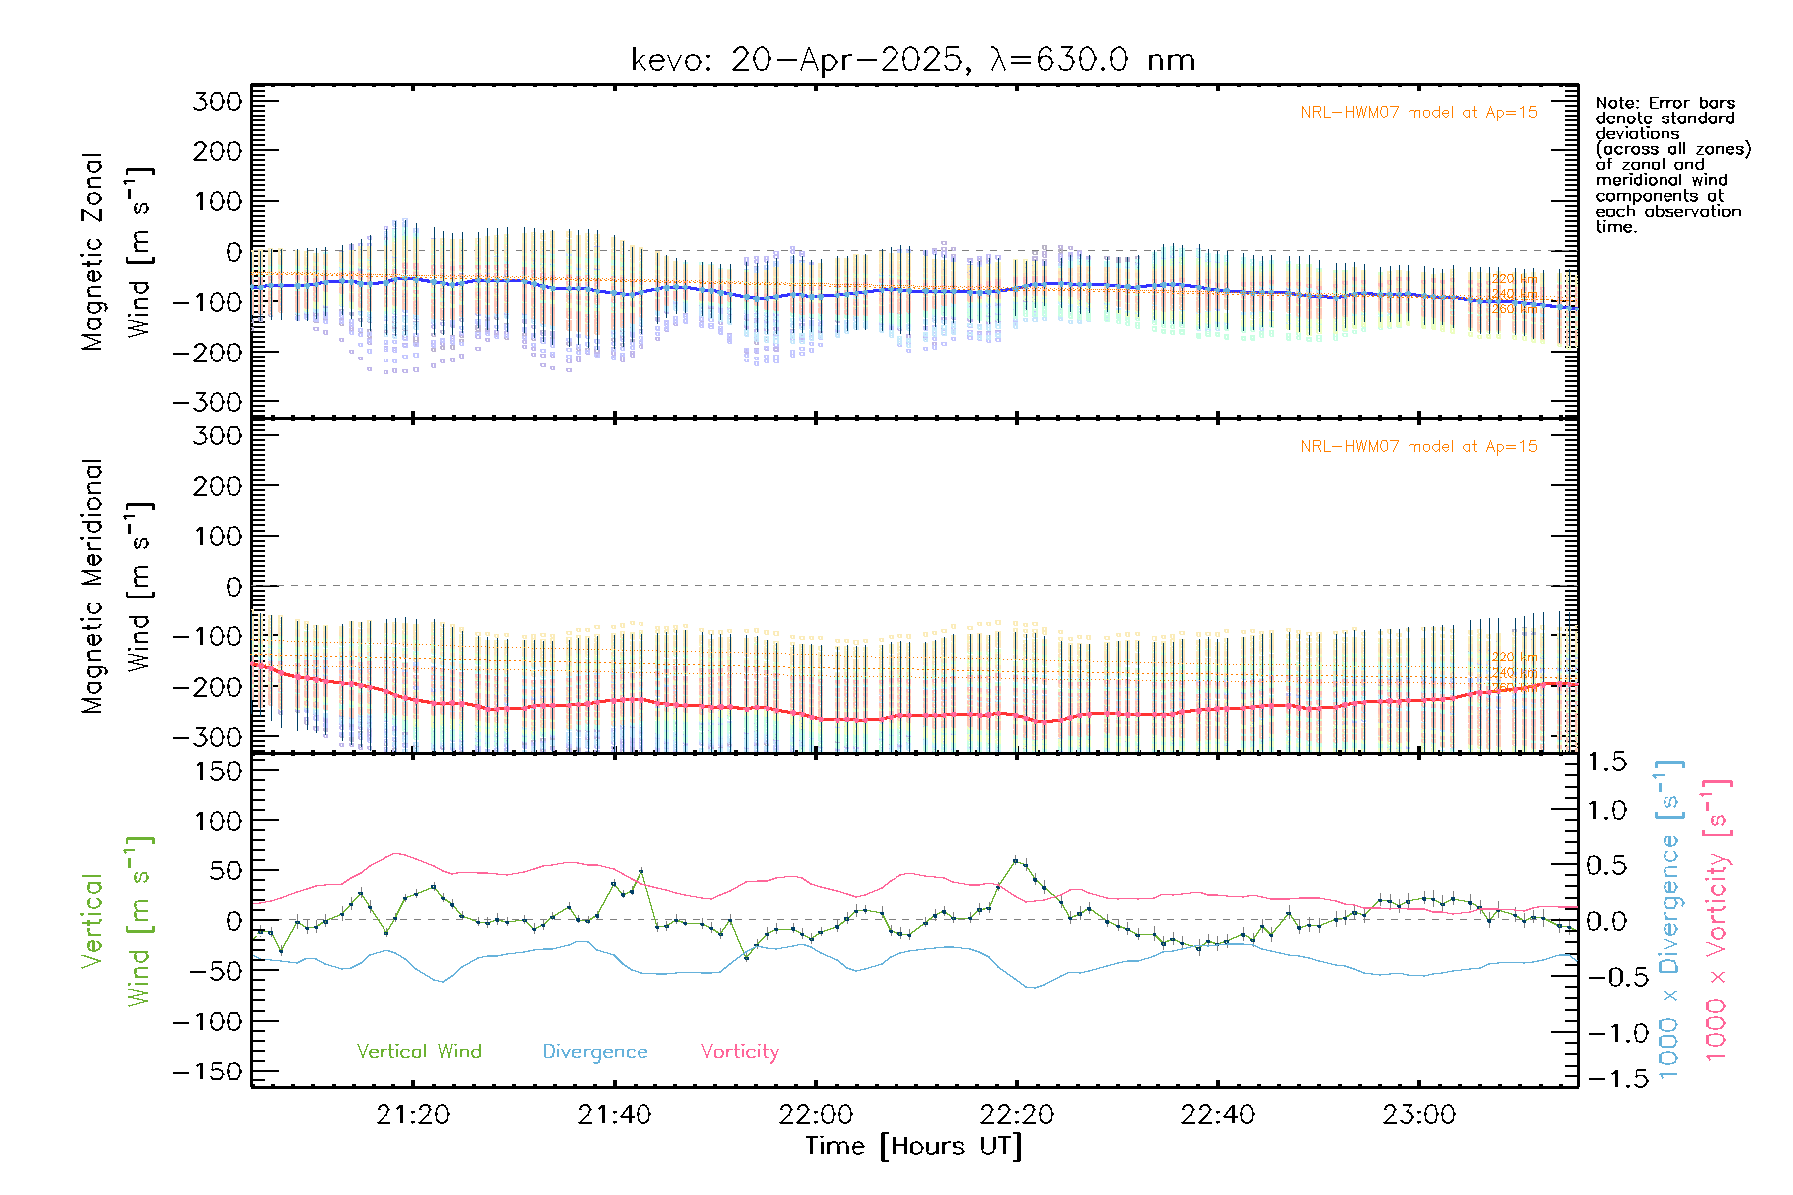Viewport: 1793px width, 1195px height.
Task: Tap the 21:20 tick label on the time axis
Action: pos(413,1115)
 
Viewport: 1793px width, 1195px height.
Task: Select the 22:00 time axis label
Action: pos(816,1115)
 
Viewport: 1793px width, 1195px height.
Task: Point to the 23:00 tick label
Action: pos(1418,1115)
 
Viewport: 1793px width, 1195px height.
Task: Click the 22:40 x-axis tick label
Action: pos(1217,1115)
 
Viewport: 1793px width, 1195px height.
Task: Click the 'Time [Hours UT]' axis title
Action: pos(913,1146)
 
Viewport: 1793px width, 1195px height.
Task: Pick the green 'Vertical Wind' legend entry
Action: pos(418,1051)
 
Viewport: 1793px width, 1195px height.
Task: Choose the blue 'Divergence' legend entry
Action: pos(595,1051)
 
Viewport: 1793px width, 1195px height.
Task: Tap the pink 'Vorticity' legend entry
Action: pos(739,1051)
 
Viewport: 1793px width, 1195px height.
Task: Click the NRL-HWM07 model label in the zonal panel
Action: pos(1418,113)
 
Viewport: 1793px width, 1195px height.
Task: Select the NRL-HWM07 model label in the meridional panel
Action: pos(1418,447)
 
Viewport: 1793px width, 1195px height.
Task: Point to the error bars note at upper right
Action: pos(1671,164)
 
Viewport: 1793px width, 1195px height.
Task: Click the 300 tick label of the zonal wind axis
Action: pos(218,101)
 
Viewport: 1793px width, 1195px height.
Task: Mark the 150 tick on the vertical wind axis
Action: pos(218,771)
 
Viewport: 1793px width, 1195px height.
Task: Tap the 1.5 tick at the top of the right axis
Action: pos(1606,762)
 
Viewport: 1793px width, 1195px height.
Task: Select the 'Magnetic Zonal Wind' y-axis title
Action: pos(118,251)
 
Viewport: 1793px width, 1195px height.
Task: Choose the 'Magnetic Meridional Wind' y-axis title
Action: pos(118,586)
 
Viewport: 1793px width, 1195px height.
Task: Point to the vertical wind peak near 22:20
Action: pos(1015,860)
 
